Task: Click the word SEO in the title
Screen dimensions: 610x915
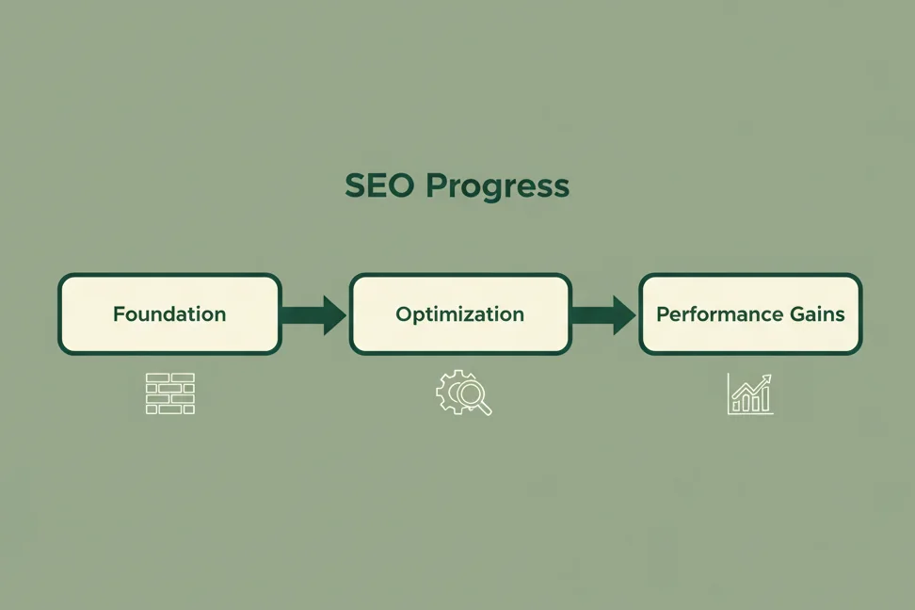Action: (x=380, y=185)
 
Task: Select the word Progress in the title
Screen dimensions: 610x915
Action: (x=497, y=187)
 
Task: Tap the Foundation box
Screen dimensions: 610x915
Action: (x=169, y=314)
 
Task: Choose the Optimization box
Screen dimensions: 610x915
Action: (x=459, y=314)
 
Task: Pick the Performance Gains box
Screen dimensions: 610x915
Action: (x=750, y=314)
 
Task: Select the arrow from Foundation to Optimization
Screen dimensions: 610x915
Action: (x=314, y=314)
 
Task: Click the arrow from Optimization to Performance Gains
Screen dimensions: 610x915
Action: (x=604, y=314)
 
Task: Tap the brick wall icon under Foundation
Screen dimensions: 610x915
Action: (x=170, y=393)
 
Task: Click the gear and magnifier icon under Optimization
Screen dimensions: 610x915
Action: (x=463, y=393)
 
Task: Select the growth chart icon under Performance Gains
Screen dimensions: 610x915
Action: (x=750, y=393)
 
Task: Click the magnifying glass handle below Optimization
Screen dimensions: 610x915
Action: (x=485, y=409)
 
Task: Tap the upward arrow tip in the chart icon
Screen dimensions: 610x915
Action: (x=768, y=378)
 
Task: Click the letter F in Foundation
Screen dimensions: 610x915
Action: (x=119, y=314)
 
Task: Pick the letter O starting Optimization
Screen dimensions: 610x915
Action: (x=403, y=314)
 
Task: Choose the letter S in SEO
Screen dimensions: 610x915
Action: (x=355, y=185)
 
